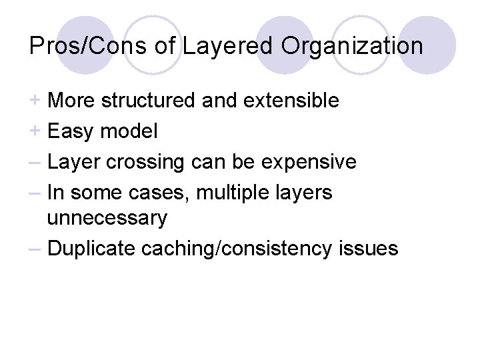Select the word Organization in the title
click(x=353, y=46)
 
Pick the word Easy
click(x=71, y=132)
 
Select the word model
click(x=129, y=132)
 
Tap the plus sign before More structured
click(x=35, y=101)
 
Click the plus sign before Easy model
click(x=35, y=131)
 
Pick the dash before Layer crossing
click(x=36, y=162)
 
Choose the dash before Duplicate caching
click(x=36, y=249)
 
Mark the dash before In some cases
click(x=36, y=192)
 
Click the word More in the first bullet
click(x=71, y=101)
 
